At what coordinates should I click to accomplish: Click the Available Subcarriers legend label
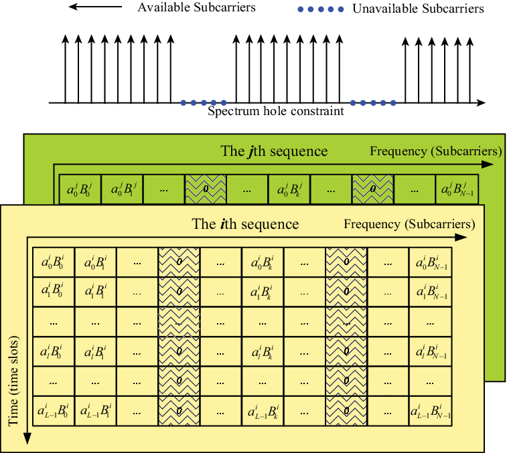(x=197, y=7)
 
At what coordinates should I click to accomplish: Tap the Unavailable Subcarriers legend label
(x=418, y=9)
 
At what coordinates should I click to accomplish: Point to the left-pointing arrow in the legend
(x=95, y=7)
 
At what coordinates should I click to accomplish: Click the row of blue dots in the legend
(x=320, y=9)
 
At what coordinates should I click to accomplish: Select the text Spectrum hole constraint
(x=276, y=111)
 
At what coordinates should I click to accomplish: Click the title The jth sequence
(x=274, y=151)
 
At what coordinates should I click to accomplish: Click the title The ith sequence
(x=245, y=224)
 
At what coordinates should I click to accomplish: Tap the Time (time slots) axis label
(x=13, y=381)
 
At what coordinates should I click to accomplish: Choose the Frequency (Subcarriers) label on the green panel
(x=436, y=151)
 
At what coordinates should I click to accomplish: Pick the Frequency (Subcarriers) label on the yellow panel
(x=409, y=224)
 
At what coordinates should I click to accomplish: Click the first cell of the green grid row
(x=80, y=189)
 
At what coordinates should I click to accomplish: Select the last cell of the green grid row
(x=457, y=189)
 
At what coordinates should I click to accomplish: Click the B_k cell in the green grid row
(x=289, y=189)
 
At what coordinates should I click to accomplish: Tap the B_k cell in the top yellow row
(x=263, y=262)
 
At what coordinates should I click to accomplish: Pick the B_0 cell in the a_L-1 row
(x=54, y=412)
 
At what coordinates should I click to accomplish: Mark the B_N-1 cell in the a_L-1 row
(x=431, y=412)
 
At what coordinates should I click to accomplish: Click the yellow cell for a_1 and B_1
(x=95, y=292)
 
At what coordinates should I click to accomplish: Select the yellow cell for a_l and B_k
(x=263, y=351)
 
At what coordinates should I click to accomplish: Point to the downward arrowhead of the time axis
(x=27, y=439)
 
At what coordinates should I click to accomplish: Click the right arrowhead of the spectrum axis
(x=481, y=103)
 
